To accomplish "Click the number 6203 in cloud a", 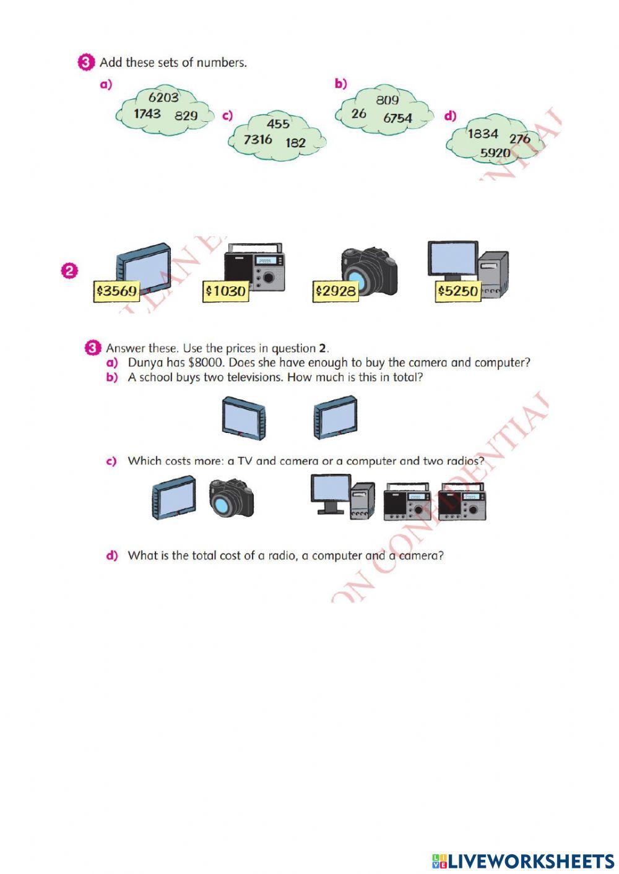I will (163, 97).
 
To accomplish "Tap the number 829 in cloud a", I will (186, 116).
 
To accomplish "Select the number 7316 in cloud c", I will (258, 140).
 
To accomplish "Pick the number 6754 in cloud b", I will (397, 118).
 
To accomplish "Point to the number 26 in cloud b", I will (358, 114).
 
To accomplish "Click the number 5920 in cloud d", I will (495, 153).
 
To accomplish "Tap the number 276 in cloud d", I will (520, 139).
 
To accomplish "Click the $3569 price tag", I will (116, 291).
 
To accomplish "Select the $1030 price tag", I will (226, 291).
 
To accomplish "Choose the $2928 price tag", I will (335, 291).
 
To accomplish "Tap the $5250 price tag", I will (458, 291).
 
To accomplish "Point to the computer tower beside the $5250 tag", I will (494, 272).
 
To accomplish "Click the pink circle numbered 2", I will (69, 270).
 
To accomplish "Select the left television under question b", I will (243, 419).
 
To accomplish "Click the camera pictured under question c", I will (232, 498).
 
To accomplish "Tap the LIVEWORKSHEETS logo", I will (523, 861).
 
